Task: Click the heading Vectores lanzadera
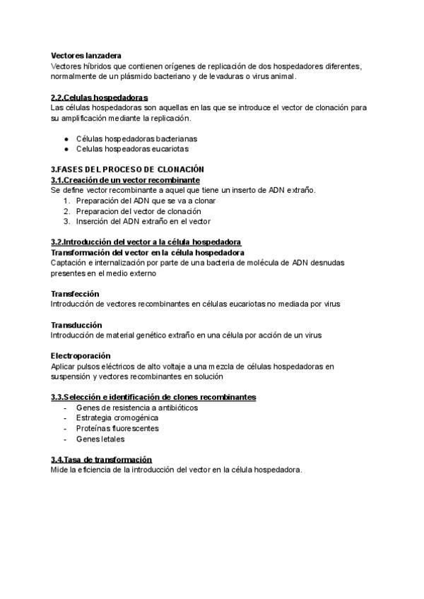pos(86,55)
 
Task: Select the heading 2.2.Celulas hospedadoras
pos(100,97)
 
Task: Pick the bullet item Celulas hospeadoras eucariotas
pos(132,149)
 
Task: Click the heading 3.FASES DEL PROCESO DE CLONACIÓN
pos(127,170)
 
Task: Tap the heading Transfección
pos(75,293)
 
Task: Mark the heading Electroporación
pos(81,355)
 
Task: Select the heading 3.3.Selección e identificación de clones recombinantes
pos(153,397)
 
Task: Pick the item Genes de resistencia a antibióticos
pos(136,408)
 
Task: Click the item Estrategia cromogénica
pos(112,417)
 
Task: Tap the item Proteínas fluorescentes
pos(117,428)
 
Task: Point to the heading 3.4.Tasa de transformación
pos(101,459)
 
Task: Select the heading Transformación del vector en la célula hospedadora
pos(148,252)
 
